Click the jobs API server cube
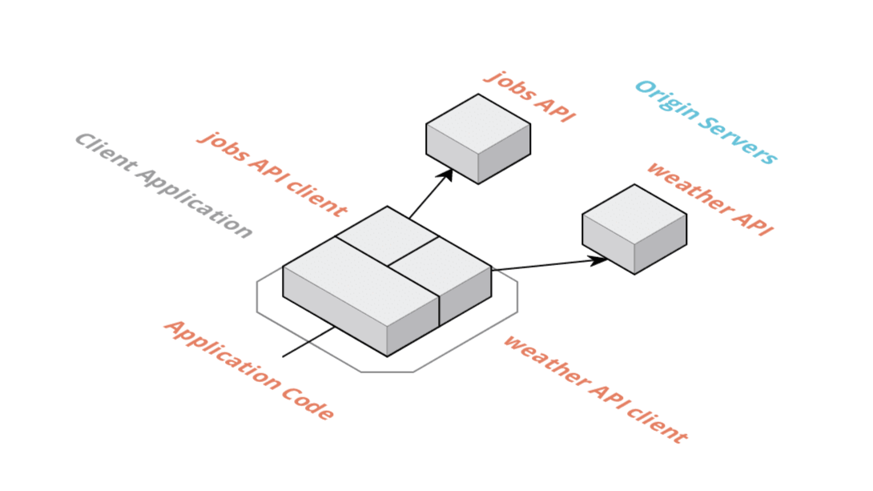tap(477, 140)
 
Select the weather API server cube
tap(634, 231)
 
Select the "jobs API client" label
tap(272, 174)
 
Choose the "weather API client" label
tap(595, 388)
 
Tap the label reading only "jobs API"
tap(531, 96)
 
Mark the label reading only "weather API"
tap(710, 198)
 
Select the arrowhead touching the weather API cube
tap(599, 260)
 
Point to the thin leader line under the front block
tap(308, 342)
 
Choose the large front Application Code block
tap(360, 292)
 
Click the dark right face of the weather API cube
tap(661, 244)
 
